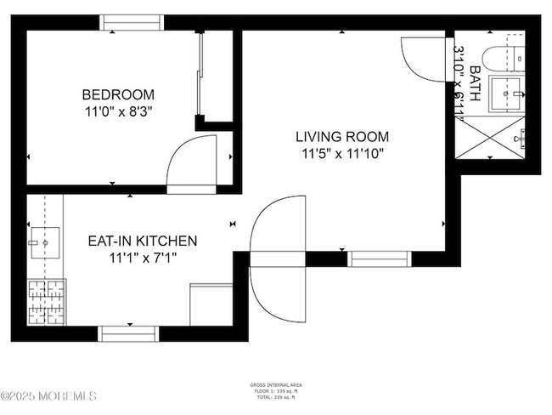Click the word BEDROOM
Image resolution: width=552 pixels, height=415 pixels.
(118, 94)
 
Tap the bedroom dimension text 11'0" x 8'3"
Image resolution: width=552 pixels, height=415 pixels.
(118, 110)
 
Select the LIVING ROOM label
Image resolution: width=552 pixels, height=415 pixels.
(342, 137)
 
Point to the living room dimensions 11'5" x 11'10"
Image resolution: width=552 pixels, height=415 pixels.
(342, 154)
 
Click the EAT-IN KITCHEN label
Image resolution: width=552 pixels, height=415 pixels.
(143, 241)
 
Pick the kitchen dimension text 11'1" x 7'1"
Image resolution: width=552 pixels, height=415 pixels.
(143, 257)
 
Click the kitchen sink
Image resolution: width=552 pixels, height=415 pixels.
(42, 242)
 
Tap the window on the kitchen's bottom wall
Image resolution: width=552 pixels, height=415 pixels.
(129, 333)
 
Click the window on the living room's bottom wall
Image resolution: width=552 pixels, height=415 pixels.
(379, 259)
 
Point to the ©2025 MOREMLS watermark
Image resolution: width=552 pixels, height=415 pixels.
(48, 396)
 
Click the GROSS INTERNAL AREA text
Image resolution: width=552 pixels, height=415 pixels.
(276, 385)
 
